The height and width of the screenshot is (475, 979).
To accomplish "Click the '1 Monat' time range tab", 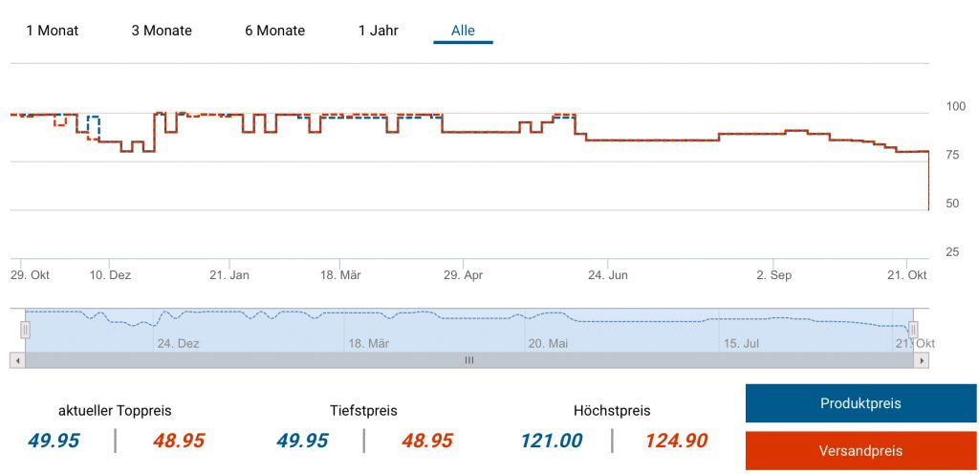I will [53, 31].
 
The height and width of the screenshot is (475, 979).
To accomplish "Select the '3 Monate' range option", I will [162, 31].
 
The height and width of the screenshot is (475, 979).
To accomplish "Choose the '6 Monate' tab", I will [274, 31].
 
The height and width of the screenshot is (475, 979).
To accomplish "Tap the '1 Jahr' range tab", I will [378, 31].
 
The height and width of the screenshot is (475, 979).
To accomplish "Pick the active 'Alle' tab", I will [463, 31].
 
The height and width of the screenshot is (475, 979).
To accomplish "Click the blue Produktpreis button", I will [860, 403].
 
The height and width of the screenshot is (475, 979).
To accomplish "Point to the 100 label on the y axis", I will [954, 106].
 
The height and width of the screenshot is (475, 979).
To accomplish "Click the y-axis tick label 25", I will [952, 252].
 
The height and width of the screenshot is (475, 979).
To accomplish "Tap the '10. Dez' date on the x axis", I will [110, 275].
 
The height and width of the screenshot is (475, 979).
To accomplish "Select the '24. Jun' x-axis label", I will [607, 275].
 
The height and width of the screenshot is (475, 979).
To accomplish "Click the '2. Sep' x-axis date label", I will [773, 275].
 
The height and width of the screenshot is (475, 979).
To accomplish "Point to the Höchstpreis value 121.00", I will [552, 441].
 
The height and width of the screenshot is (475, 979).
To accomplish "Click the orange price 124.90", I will [676, 441].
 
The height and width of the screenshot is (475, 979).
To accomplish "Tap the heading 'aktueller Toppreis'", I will [115, 411].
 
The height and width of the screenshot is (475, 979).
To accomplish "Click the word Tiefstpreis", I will [363, 411].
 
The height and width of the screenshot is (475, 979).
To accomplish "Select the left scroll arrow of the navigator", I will [16, 360].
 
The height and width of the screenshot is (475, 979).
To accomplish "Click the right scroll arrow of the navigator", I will [921, 360].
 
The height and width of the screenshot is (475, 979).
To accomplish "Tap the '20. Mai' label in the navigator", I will [548, 343].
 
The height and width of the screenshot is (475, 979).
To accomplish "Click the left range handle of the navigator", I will [26, 330].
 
